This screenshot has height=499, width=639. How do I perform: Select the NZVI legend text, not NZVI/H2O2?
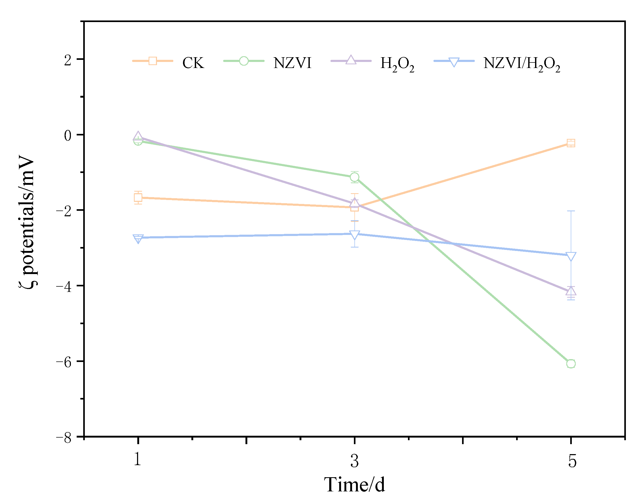pos(292,63)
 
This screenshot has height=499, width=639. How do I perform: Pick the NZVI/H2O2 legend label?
pos(521,64)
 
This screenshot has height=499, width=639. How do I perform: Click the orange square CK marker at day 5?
pos(571,143)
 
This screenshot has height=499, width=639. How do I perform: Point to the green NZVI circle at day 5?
pos(571,364)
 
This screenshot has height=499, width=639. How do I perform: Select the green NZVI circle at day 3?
pos(354,177)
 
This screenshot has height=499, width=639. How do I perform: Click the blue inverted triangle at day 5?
pos(571,256)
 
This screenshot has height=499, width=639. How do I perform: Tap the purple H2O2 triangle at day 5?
pos(571,291)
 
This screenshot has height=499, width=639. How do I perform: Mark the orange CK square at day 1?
pos(138,198)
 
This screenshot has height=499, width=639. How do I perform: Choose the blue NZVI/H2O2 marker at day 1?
pos(138,238)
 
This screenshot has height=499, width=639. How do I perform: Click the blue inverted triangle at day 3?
pos(354,235)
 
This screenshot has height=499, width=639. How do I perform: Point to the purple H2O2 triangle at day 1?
pos(138,136)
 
